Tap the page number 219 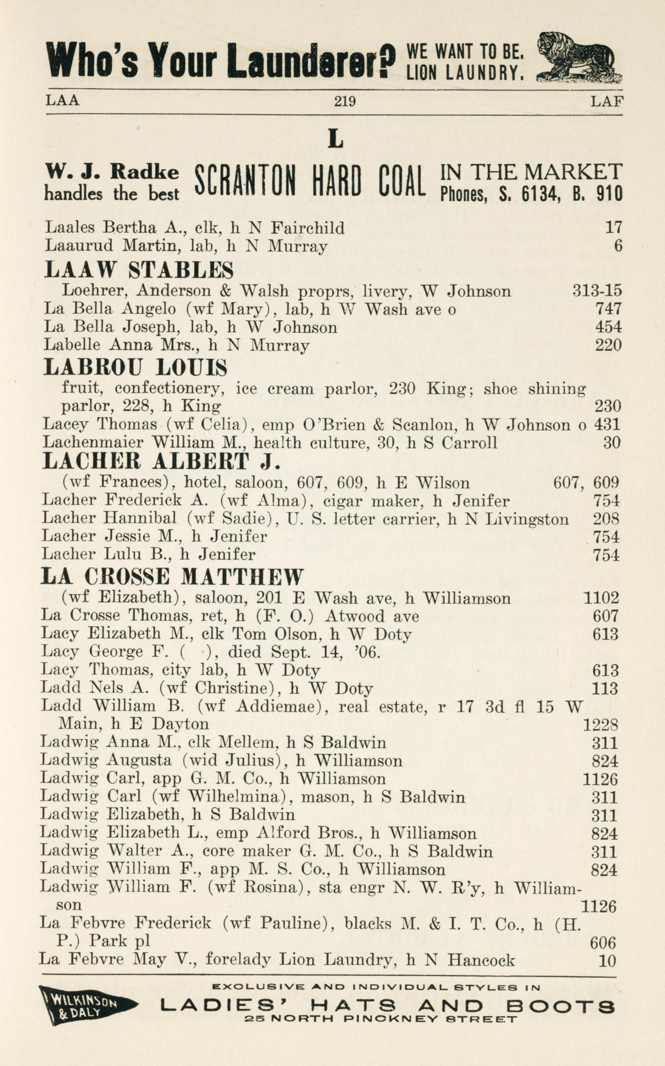point(344,102)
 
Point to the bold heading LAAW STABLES point(139,270)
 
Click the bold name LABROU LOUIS point(136,367)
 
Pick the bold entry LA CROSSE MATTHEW point(172,576)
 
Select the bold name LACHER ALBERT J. point(161,461)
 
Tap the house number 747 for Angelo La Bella point(608,309)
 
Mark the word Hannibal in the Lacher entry point(140,519)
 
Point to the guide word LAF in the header point(607,102)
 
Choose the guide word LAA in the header point(62,101)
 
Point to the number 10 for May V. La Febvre point(607,961)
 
